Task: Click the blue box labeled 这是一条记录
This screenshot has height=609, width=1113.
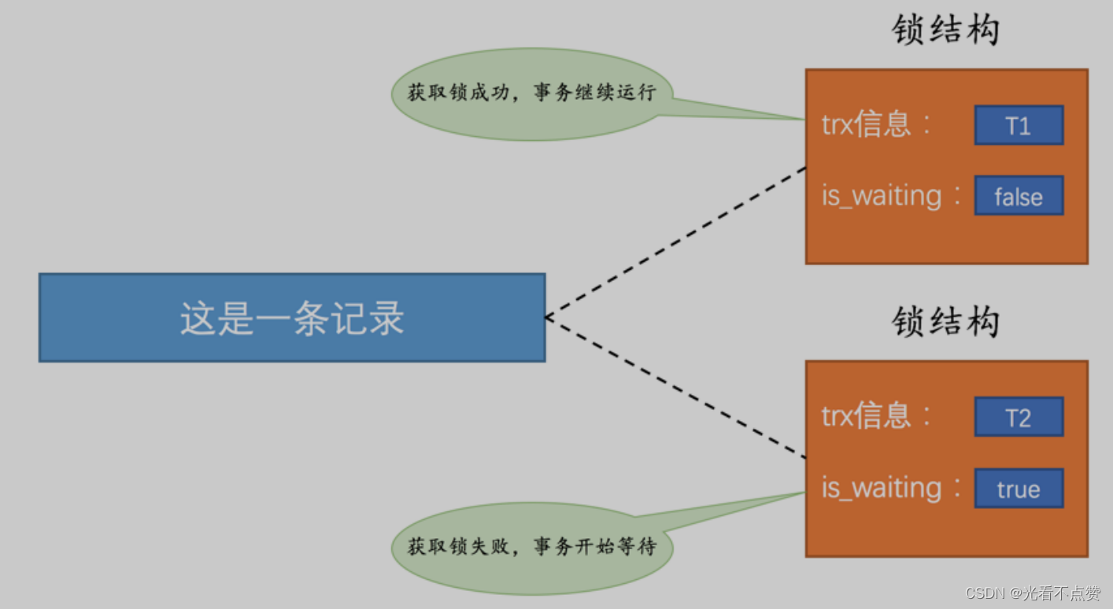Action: coord(292,318)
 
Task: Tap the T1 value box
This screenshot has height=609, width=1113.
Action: coord(1019,126)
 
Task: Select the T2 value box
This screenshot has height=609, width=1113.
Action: coord(1019,417)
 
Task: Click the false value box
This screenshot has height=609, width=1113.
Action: coord(1019,196)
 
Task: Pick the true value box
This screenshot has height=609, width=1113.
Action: coord(1019,489)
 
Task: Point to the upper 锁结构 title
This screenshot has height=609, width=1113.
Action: coord(945,31)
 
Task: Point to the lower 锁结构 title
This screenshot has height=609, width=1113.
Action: coord(945,322)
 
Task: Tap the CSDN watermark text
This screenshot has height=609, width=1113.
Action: coord(1032,592)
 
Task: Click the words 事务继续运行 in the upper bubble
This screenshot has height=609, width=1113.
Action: coord(594,93)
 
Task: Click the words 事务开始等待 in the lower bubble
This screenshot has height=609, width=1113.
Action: coord(594,546)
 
